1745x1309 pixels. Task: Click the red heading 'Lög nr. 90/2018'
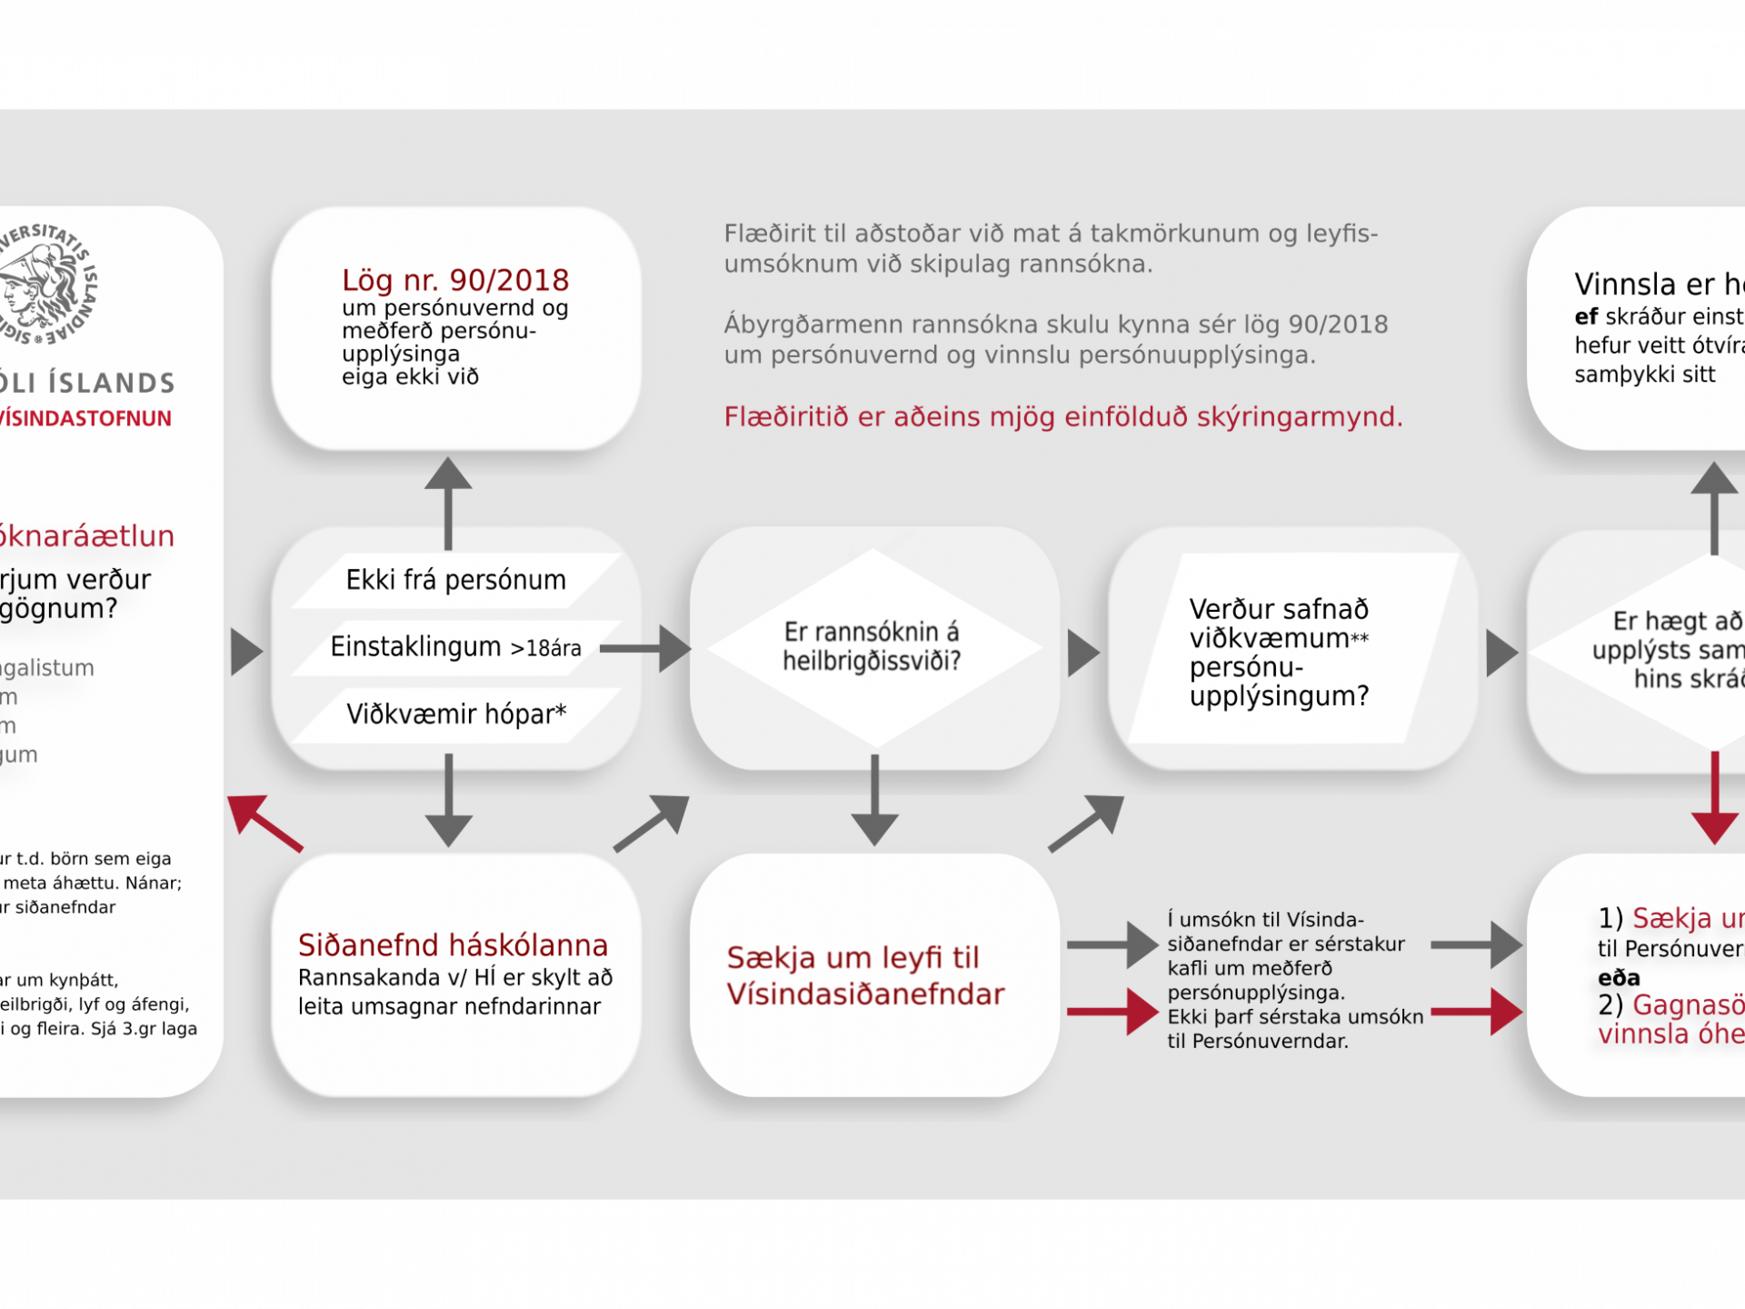click(455, 280)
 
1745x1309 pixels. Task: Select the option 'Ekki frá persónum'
click(455, 580)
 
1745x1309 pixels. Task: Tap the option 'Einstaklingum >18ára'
click(455, 647)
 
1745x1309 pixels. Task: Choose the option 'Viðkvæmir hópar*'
click(455, 714)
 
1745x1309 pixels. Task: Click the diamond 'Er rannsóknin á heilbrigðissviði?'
click(872, 647)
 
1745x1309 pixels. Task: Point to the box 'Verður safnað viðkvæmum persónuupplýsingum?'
click(1280, 652)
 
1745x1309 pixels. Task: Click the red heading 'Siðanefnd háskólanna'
click(453, 945)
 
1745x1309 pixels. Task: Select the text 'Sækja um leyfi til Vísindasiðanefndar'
click(865, 975)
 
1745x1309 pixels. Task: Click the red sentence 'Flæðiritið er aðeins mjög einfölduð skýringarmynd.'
click(1063, 417)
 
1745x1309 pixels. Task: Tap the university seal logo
click(45, 284)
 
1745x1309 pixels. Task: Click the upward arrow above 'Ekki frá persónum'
click(448, 502)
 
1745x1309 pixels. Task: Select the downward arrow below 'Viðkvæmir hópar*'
click(448, 800)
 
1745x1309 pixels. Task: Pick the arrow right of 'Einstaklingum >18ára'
click(645, 648)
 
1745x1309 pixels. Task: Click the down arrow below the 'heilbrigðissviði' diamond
click(874, 800)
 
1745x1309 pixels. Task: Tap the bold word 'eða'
click(1619, 978)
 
